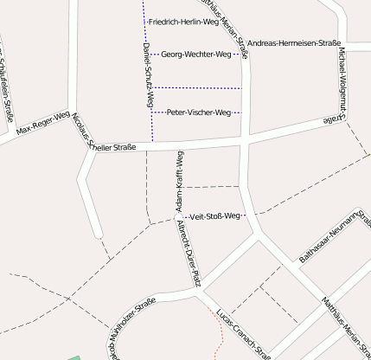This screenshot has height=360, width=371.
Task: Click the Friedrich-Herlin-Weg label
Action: pyautogui.click(x=183, y=22)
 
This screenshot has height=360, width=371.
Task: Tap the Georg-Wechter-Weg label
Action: pyautogui.click(x=196, y=55)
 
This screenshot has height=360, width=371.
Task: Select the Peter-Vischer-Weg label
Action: pyautogui.click(x=199, y=112)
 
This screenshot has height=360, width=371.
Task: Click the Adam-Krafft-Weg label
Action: pyautogui.click(x=180, y=182)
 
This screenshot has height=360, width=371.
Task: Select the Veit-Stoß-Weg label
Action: pyautogui.click(x=214, y=215)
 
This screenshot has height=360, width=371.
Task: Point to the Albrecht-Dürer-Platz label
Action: pyautogui.click(x=189, y=253)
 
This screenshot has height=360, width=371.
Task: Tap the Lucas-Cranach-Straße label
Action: pyautogui.click(x=245, y=334)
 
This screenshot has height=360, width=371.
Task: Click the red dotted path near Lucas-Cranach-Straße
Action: pyautogui.click(x=218, y=333)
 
